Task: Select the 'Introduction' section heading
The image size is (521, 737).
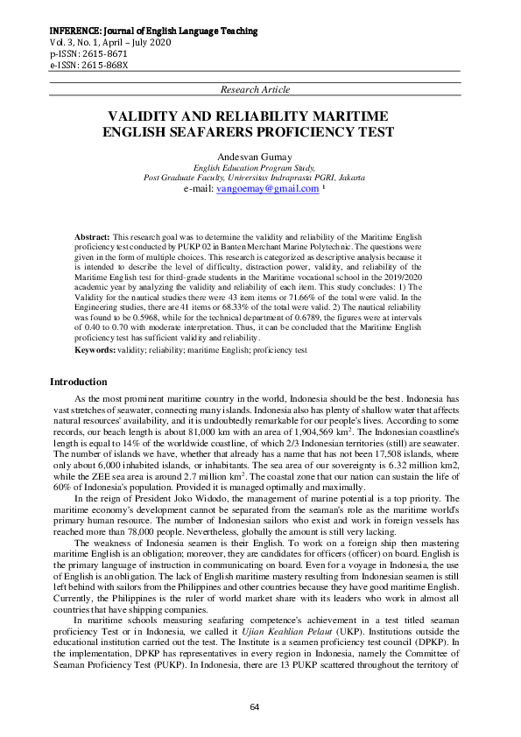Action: point(79,383)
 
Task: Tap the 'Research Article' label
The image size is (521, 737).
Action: point(257,90)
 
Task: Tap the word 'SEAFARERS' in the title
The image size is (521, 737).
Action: point(246,132)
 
